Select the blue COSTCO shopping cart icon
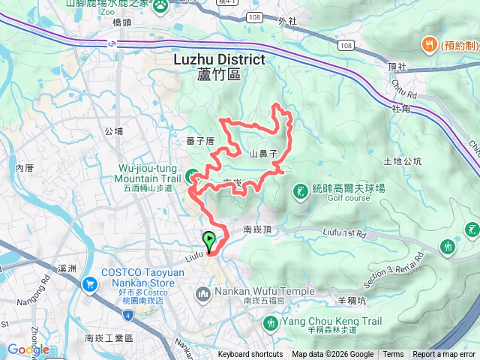[91, 284]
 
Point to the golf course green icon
[300, 192]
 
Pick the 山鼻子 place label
[264, 153]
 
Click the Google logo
[28, 349]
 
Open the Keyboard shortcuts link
[250, 355]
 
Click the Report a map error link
[444, 355]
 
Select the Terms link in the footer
[393, 355]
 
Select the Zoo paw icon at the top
[161, 7]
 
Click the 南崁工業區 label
[109, 339]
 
